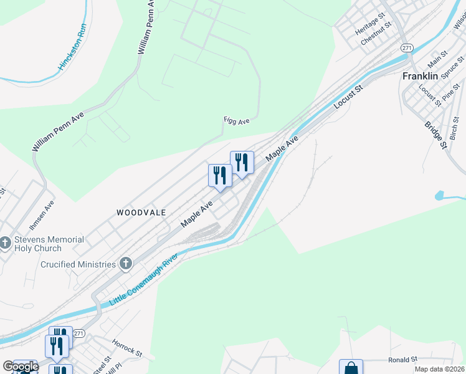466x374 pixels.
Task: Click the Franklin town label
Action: pyautogui.click(x=419, y=76)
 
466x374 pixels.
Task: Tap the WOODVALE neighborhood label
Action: pyautogui.click(x=141, y=213)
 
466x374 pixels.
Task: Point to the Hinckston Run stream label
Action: pyautogui.click(x=73, y=47)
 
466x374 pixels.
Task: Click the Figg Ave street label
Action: pyautogui.click(x=237, y=120)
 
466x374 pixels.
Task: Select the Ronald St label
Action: pyautogui.click(x=402, y=360)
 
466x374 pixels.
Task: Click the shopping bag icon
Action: pyautogui.click(x=351, y=368)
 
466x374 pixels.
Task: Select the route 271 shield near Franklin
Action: pyautogui.click(x=407, y=47)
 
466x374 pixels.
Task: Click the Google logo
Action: pyautogui.click(x=20, y=367)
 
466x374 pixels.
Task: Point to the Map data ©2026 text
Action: pyautogui.click(x=439, y=369)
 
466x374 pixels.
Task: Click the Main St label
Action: pyautogui.click(x=437, y=60)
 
